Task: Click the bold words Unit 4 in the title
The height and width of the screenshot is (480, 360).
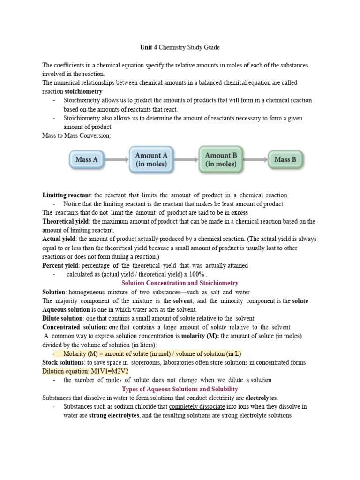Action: pos(149,47)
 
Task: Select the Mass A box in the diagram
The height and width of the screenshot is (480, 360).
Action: pos(87,159)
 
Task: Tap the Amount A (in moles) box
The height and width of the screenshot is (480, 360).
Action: pos(151,159)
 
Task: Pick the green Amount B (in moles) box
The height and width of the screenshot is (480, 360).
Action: pos(221,159)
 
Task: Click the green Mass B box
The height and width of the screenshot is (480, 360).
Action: pos(285,159)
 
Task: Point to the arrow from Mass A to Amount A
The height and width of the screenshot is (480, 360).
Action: pos(116,159)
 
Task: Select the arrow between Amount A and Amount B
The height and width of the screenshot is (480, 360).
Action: pos(186,159)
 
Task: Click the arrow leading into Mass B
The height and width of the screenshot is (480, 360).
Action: pos(255,159)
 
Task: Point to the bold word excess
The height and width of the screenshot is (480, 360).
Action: pos(240,212)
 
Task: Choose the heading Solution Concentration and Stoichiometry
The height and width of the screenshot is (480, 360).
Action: pos(180,283)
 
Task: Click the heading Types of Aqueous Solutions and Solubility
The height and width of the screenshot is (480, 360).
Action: pos(180,389)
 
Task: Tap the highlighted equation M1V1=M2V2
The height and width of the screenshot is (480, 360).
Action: pos(111,371)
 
